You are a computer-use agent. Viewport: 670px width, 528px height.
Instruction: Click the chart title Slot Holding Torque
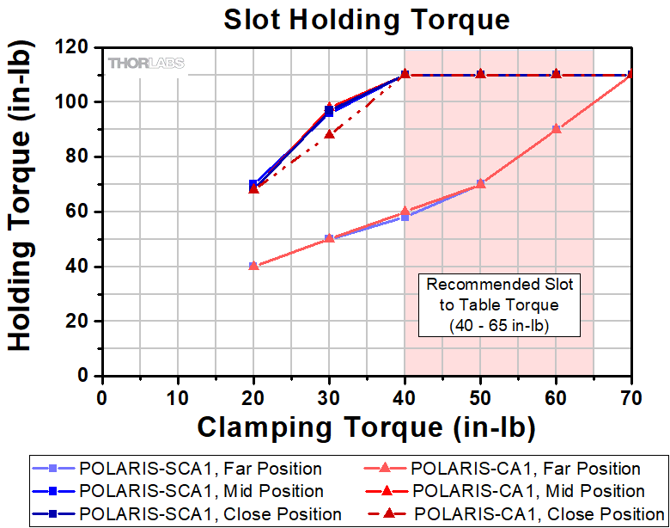(x=367, y=19)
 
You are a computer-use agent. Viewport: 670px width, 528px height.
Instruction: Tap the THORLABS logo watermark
(x=146, y=63)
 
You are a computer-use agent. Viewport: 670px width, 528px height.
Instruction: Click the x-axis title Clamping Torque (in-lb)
(x=367, y=427)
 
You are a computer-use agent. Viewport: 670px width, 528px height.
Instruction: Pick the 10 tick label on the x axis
(x=178, y=398)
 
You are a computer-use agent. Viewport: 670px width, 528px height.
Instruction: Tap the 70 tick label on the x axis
(x=631, y=398)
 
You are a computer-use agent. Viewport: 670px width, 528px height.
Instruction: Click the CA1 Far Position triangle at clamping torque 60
(x=556, y=129)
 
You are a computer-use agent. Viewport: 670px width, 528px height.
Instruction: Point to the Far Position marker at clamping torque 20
(x=253, y=266)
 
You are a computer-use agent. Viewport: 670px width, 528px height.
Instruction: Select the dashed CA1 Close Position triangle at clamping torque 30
(x=329, y=134)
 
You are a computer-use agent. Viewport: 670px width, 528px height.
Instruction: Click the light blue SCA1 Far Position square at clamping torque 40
(x=405, y=217)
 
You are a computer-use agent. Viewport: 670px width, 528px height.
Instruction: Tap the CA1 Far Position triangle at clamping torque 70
(x=631, y=75)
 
